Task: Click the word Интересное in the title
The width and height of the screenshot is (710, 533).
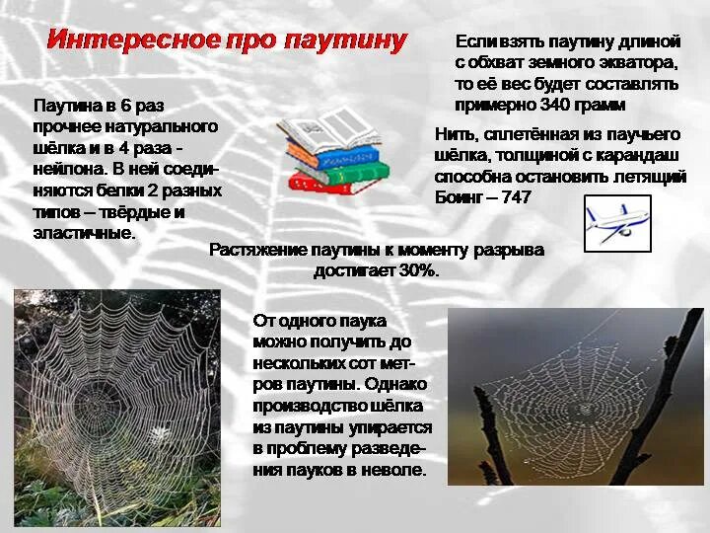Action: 133,41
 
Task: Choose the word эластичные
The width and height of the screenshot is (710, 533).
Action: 84,233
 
